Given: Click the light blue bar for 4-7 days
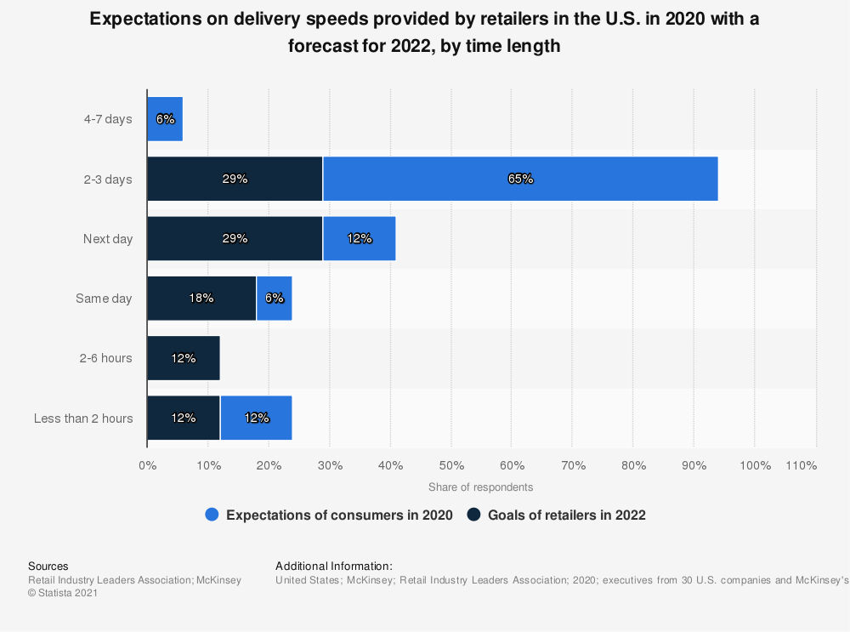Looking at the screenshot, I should pyautogui.click(x=165, y=119).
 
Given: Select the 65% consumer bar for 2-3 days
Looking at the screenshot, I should pyautogui.click(x=520, y=179).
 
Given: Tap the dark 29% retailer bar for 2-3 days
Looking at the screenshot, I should pyautogui.click(x=235, y=179).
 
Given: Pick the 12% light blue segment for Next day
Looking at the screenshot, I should pyautogui.click(x=359, y=238).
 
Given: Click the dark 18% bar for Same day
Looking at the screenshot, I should pyautogui.click(x=201, y=298).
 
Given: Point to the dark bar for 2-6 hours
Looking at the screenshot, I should pyautogui.click(x=184, y=358).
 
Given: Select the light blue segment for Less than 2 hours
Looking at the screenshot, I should pyautogui.click(x=256, y=418).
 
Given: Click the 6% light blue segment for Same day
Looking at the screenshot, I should pyautogui.click(x=274, y=298).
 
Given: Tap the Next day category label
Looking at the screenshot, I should pyautogui.click(x=108, y=239).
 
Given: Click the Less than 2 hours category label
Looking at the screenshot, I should pyautogui.click(x=83, y=418).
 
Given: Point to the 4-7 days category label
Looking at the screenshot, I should pyautogui.click(x=108, y=119).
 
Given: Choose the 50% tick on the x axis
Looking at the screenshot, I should pyautogui.click(x=451, y=465).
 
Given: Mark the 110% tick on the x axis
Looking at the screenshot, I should pyautogui.click(x=802, y=465).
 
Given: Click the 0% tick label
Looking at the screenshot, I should pyautogui.click(x=147, y=465).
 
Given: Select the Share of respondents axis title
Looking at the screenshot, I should pyautogui.click(x=480, y=487).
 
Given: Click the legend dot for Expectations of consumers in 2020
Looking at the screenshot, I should pyautogui.click(x=212, y=515).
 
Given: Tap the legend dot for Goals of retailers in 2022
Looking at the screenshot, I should pyautogui.click(x=474, y=515).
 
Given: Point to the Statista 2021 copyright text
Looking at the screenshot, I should pyautogui.click(x=63, y=593).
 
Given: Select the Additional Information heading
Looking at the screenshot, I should pyautogui.click(x=334, y=566).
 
